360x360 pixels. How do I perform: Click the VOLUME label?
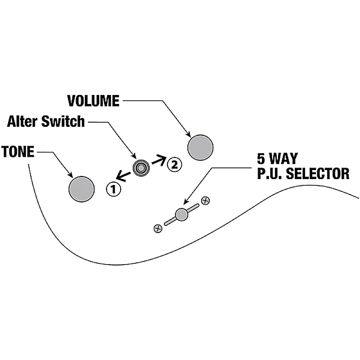click(x=94, y=101)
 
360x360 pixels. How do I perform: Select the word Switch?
click(x=63, y=121)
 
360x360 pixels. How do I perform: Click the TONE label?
click(x=18, y=152)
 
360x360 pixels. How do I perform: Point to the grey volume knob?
click(x=200, y=148)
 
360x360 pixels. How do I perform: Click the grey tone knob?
click(x=81, y=189)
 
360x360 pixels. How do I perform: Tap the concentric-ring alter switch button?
click(x=141, y=168)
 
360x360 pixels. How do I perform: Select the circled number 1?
click(x=113, y=189)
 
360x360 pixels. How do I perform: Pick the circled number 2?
click(x=175, y=165)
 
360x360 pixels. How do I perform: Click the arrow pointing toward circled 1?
click(x=123, y=176)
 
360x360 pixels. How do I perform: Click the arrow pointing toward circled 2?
click(x=159, y=160)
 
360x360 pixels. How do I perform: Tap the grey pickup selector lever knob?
click(x=181, y=215)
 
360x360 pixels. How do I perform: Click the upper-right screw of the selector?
click(x=205, y=201)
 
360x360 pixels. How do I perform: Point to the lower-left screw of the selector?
click(x=158, y=229)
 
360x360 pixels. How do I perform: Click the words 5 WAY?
click(x=277, y=158)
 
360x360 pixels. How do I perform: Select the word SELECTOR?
click(x=318, y=174)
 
